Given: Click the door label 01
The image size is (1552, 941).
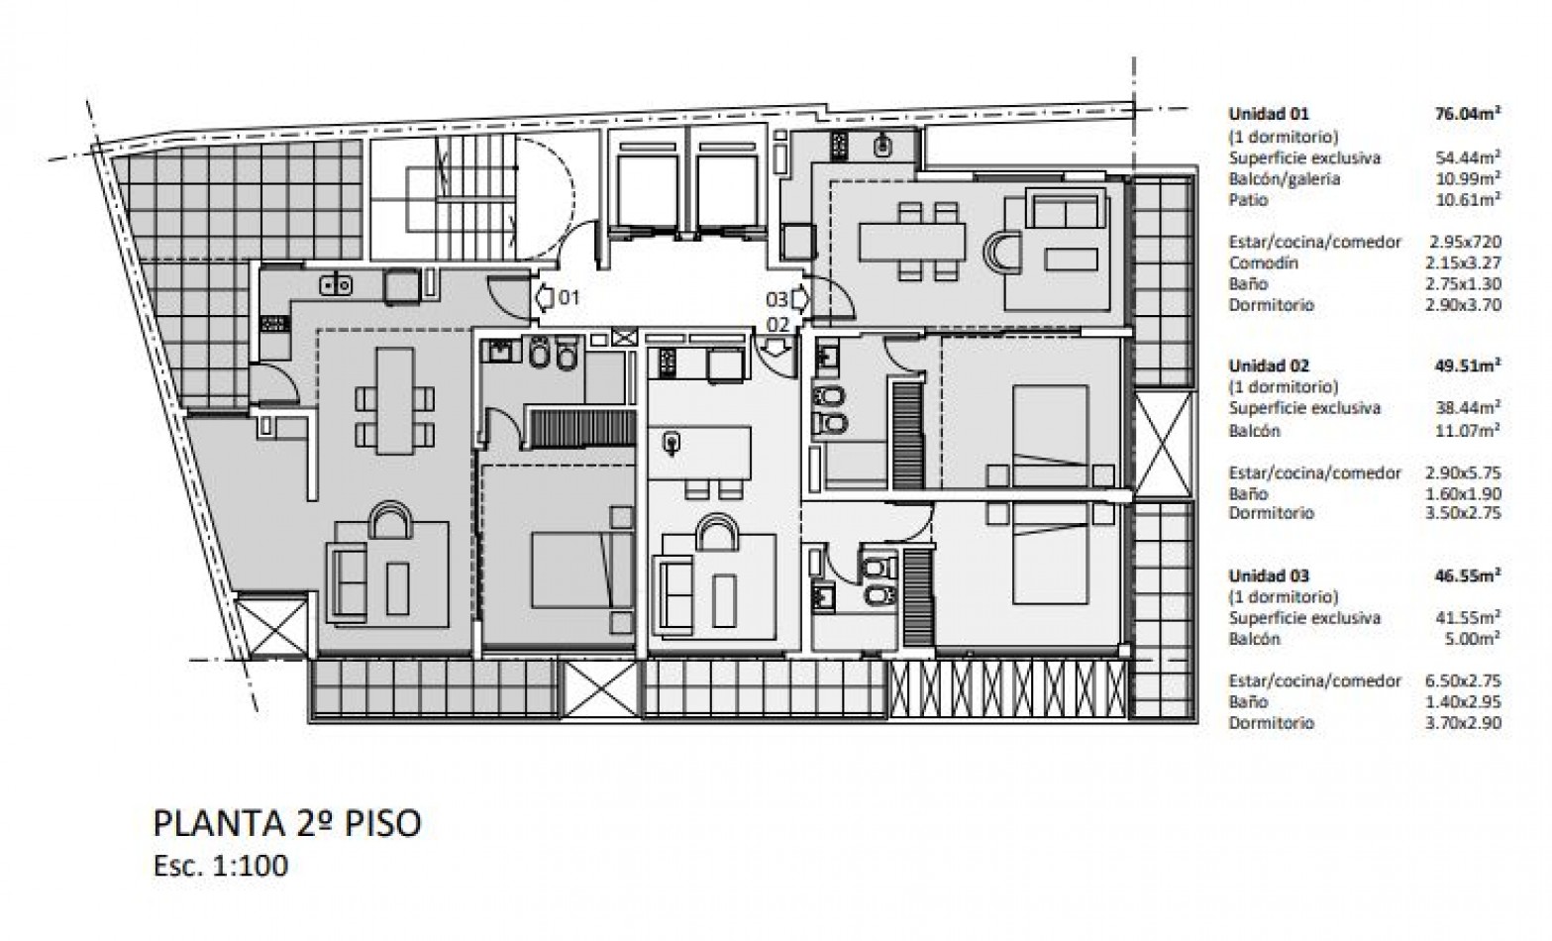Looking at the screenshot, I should tap(569, 296).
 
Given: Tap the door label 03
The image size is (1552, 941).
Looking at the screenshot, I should tap(776, 298).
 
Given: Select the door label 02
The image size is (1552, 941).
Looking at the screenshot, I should tap(777, 323).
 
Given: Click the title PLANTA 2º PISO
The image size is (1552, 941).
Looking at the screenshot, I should tap(287, 823).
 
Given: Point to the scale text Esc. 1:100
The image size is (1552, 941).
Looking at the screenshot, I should tap(221, 866).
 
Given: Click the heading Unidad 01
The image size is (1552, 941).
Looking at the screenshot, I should tap(1268, 114).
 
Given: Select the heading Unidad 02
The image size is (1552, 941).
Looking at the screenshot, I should tap(1268, 366).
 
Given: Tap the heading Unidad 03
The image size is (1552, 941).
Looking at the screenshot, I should tap(1268, 575).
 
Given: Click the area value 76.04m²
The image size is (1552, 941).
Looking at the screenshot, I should tap(1468, 114).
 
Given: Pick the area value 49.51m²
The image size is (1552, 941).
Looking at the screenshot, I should tap(1468, 366).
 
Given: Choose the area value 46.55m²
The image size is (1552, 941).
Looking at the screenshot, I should tap(1468, 575).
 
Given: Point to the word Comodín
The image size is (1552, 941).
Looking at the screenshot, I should tap(1263, 263).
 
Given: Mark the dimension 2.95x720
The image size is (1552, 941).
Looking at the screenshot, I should tap(1465, 242).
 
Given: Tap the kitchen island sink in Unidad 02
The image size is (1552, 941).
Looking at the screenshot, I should tap(673, 441).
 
